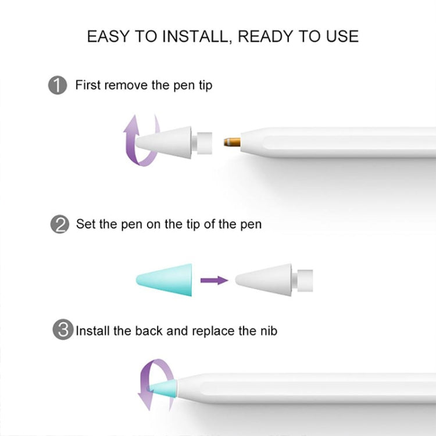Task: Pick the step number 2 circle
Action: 58,224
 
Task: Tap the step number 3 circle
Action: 62,331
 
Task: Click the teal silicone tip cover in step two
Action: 165,280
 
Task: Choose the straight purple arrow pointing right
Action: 215,280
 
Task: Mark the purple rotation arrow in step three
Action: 152,385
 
